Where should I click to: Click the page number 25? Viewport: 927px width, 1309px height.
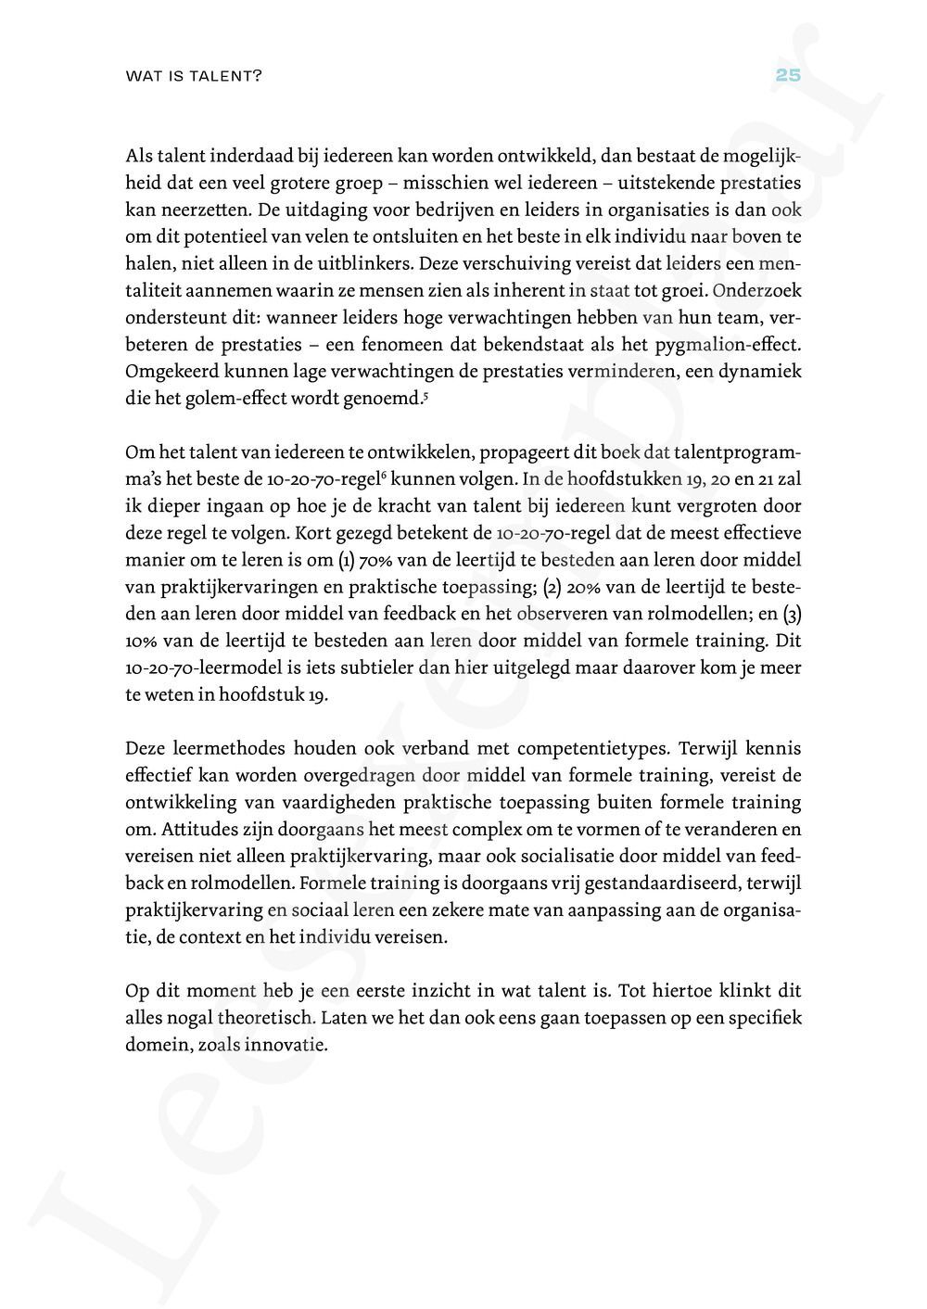(787, 76)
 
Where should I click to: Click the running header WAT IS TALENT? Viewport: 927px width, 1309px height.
(193, 77)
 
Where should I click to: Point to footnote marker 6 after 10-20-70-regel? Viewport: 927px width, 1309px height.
(384, 476)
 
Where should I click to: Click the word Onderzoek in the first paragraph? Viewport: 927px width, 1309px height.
(756, 290)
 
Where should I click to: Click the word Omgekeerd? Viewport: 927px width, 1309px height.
(170, 371)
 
